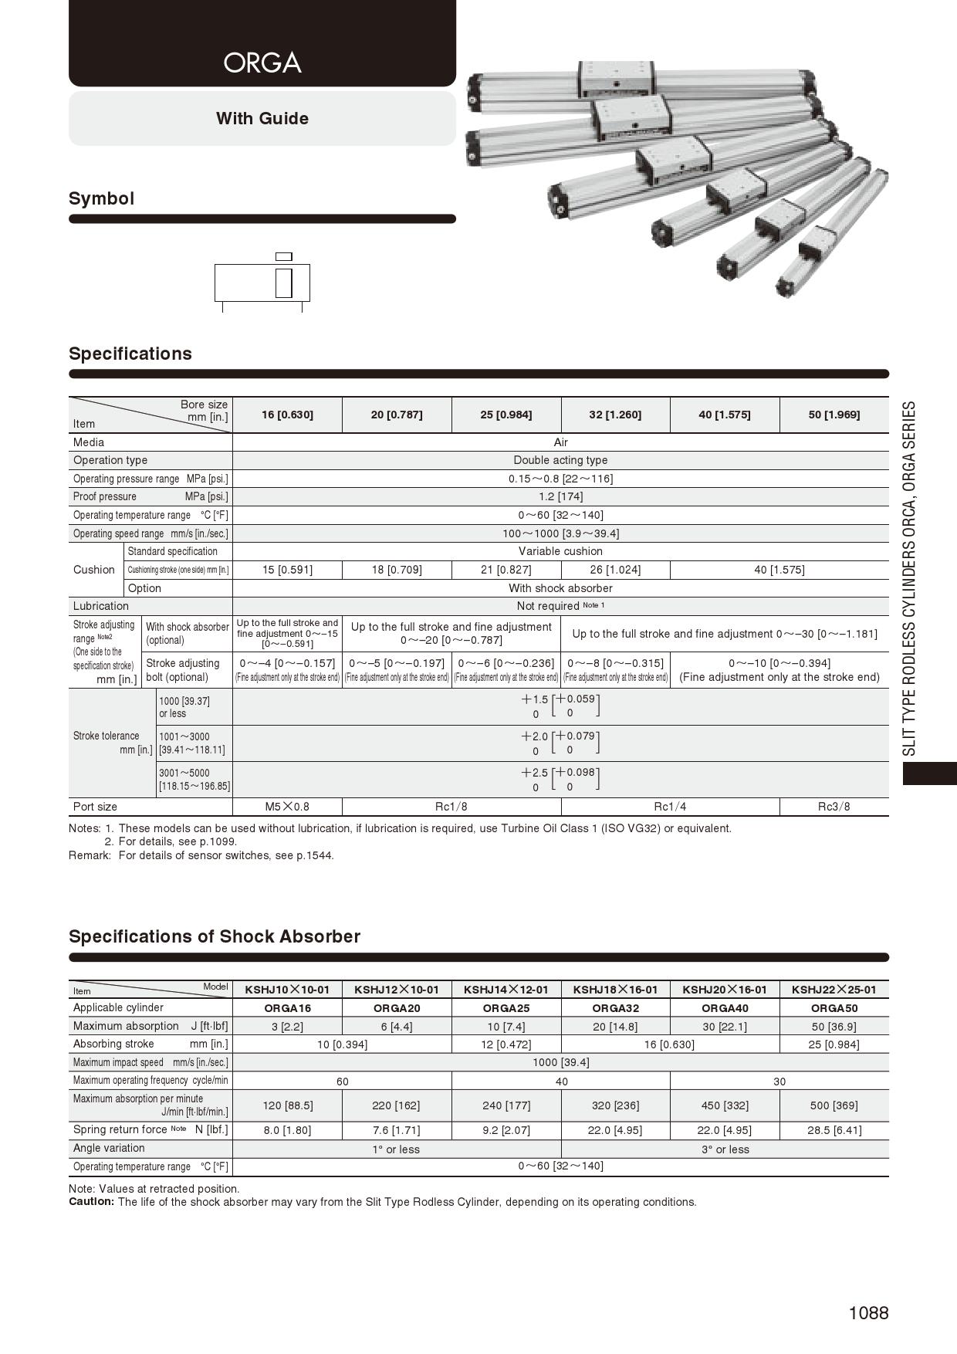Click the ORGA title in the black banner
(262, 63)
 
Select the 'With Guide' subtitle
(262, 119)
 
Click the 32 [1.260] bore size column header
(615, 415)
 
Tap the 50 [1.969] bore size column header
(834, 415)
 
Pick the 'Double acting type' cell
(560, 460)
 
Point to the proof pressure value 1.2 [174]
(560, 496)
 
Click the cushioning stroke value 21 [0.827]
(506, 570)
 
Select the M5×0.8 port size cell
(287, 807)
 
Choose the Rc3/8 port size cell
(834, 807)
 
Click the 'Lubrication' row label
(101, 606)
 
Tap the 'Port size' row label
(96, 807)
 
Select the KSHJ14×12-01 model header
(506, 990)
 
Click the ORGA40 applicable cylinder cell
(725, 1008)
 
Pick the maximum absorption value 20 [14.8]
(615, 1027)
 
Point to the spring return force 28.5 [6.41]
(834, 1130)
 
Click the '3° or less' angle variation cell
(725, 1149)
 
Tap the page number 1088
(868, 1313)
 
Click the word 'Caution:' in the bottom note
(91, 1202)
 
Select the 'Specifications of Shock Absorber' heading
(215, 936)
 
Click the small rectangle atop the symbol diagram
(284, 256)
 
